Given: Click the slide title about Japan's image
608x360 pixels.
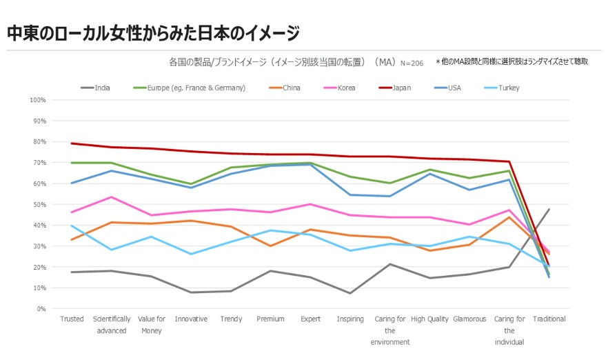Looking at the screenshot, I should pos(153,32).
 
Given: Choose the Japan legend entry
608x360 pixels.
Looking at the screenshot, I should pos(401,88).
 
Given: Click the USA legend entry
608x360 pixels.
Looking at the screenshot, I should pos(454,88).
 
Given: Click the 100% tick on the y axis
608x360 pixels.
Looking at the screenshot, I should pos(38,100).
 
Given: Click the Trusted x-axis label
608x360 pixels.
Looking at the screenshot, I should pos(72,319).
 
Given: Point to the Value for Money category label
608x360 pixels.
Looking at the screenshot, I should pos(151,324).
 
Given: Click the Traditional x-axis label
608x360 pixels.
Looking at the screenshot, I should pos(549,319).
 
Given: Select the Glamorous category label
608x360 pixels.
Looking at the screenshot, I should pos(469,319).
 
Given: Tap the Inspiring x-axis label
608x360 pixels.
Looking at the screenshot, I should pos(350,319).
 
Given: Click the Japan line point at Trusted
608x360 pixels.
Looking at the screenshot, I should pos(72,143).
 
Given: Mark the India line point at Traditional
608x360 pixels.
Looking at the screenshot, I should pos(549,209).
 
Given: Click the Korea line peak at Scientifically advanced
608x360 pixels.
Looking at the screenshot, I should pos(112,197).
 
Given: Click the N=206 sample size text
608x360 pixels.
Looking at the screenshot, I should pos(412,63).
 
